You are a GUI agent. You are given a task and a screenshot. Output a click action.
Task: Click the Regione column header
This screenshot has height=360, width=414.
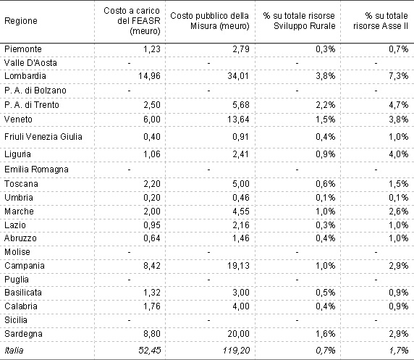click(21, 21)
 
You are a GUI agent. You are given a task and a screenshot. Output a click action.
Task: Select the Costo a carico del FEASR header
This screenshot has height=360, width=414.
click(132, 21)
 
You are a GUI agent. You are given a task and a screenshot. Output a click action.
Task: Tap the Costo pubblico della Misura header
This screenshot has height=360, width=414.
click(210, 21)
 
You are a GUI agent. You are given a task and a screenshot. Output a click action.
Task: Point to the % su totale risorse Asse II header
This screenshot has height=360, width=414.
click(381, 21)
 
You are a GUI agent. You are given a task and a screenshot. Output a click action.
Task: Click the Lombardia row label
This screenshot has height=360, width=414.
click(25, 76)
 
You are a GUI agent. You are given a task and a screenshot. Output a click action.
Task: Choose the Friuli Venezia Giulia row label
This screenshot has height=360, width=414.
click(43, 137)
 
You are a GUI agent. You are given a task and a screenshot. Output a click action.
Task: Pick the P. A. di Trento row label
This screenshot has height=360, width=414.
click(32, 105)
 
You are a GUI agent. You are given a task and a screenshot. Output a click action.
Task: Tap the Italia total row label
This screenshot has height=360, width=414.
click(14, 351)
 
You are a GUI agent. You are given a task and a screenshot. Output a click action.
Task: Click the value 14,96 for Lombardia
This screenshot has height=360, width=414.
click(149, 76)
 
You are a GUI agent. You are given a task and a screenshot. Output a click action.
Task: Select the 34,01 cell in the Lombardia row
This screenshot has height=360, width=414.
click(238, 76)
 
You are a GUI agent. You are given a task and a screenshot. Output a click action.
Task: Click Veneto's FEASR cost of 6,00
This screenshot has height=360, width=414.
click(152, 120)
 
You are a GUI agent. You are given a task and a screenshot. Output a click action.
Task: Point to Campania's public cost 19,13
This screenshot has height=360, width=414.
click(238, 266)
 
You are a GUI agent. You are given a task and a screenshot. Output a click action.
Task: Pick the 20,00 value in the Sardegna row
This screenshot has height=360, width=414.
click(238, 334)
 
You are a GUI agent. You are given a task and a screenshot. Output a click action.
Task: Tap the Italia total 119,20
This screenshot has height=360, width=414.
click(236, 351)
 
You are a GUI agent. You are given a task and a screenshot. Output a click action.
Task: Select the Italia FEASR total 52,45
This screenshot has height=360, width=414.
click(149, 351)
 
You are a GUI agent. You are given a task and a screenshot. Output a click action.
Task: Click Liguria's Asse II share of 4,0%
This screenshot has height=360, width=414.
click(398, 154)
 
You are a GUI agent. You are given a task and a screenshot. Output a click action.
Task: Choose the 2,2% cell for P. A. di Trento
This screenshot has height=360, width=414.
click(326, 105)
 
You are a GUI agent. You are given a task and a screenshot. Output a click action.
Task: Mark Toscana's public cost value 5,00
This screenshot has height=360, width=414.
click(241, 184)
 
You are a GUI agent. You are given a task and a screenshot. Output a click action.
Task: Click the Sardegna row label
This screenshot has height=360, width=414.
click(23, 334)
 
